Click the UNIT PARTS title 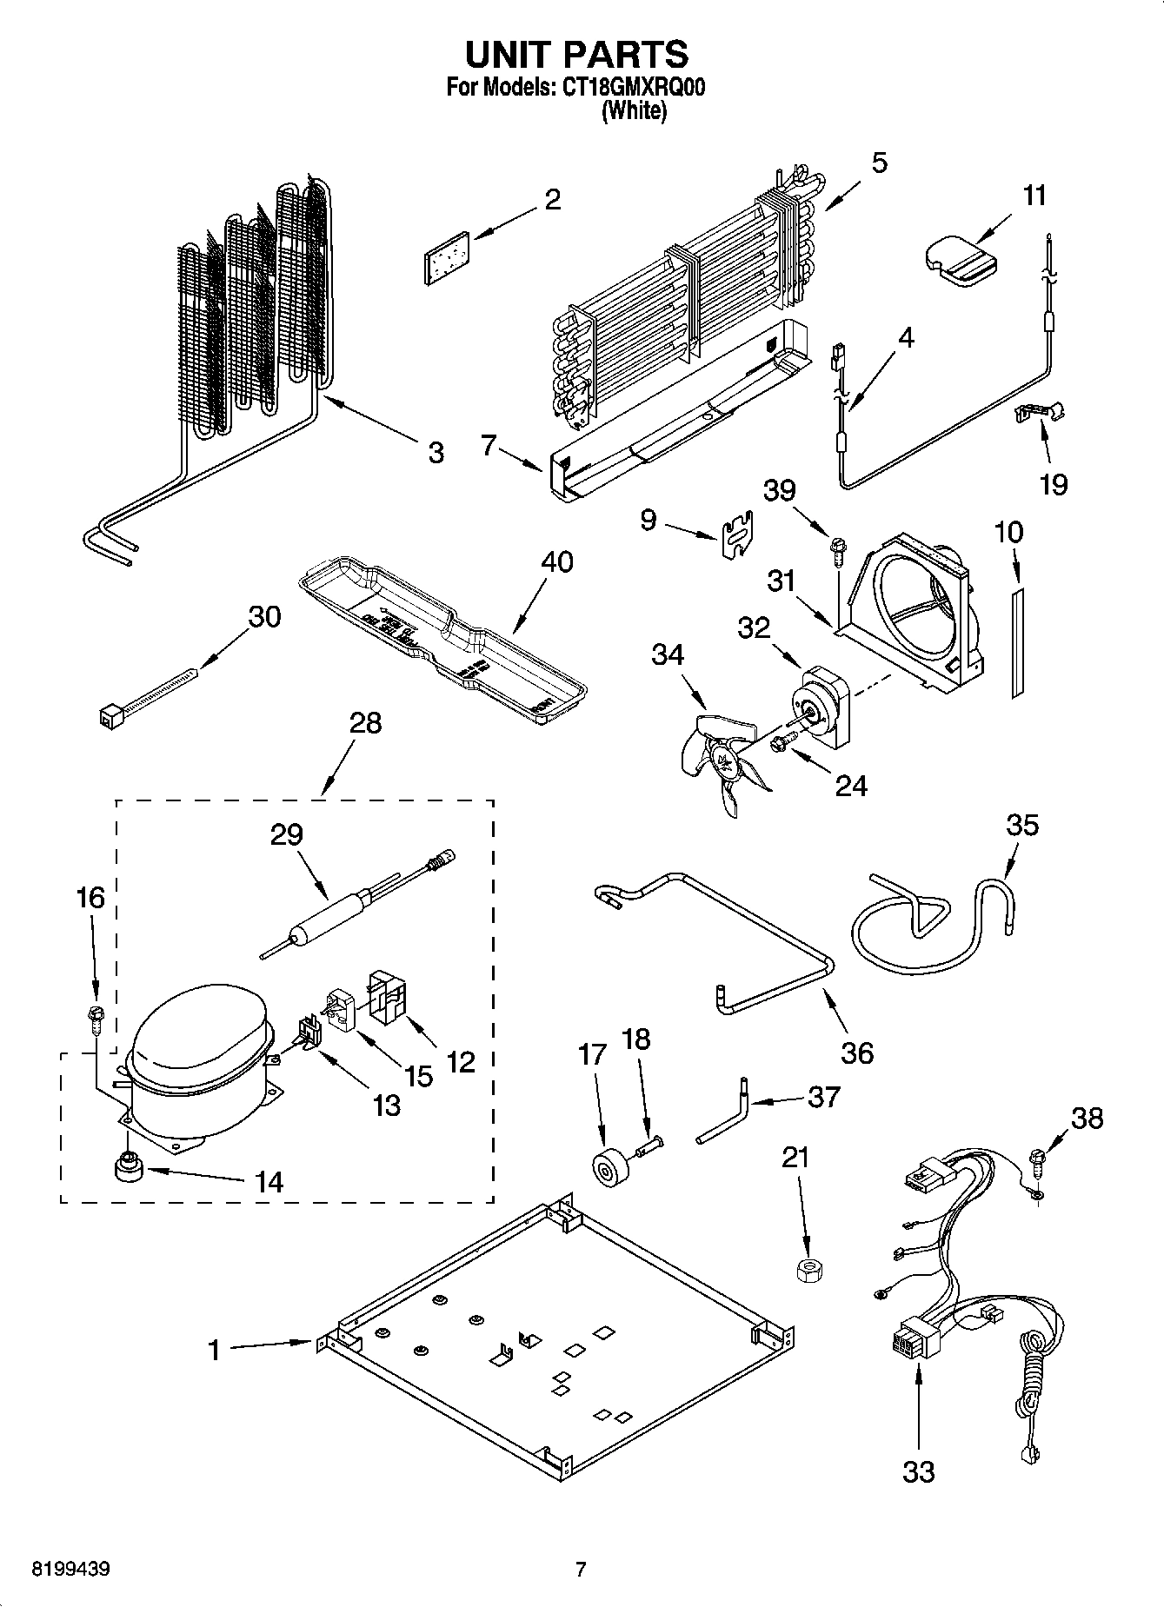pyautogui.click(x=577, y=54)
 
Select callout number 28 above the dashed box pyautogui.click(x=365, y=723)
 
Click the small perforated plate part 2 pyautogui.click(x=445, y=257)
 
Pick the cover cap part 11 pyautogui.click(x=954, y=260)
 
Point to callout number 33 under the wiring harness pyautogui.click(x=918, y=1471)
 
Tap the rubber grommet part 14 pyautogui.click(x=129, y=1166)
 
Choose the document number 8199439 pyautogui.click(x=70, y=1570)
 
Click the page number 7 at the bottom pyautogui.click(x=581, y=1570)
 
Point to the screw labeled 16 pyautogui.click(x=95, y=1016)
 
